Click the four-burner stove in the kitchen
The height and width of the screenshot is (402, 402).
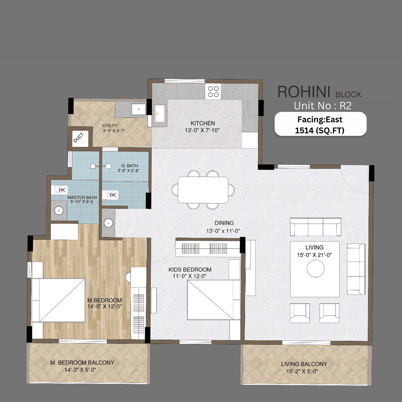213,92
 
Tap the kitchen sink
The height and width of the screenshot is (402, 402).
160,113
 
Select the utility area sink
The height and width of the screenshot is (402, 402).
138,109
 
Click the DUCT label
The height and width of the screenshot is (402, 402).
78,138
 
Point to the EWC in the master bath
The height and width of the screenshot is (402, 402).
62,190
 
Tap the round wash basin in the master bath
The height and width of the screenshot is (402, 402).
59,210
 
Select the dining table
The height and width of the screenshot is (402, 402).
203,190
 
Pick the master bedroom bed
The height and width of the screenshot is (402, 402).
58,300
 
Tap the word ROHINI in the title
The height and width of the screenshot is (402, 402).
304,92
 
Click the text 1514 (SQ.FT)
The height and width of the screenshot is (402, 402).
320,130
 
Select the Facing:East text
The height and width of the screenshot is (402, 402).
320,120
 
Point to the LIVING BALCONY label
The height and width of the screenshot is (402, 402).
304,364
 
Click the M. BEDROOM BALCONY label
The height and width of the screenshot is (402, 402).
82,362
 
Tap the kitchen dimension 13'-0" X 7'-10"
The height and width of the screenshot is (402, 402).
202,130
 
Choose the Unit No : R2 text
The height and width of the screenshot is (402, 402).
323,106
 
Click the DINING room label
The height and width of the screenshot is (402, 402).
224,223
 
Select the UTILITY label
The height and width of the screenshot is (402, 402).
110,126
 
